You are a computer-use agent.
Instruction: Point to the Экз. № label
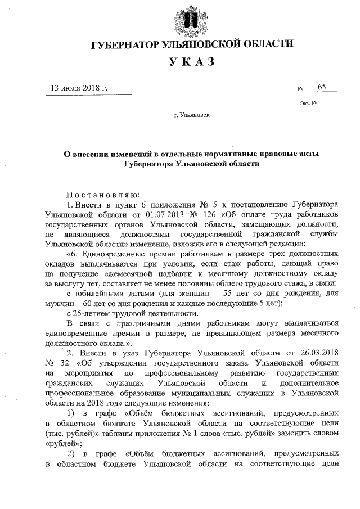309,103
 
